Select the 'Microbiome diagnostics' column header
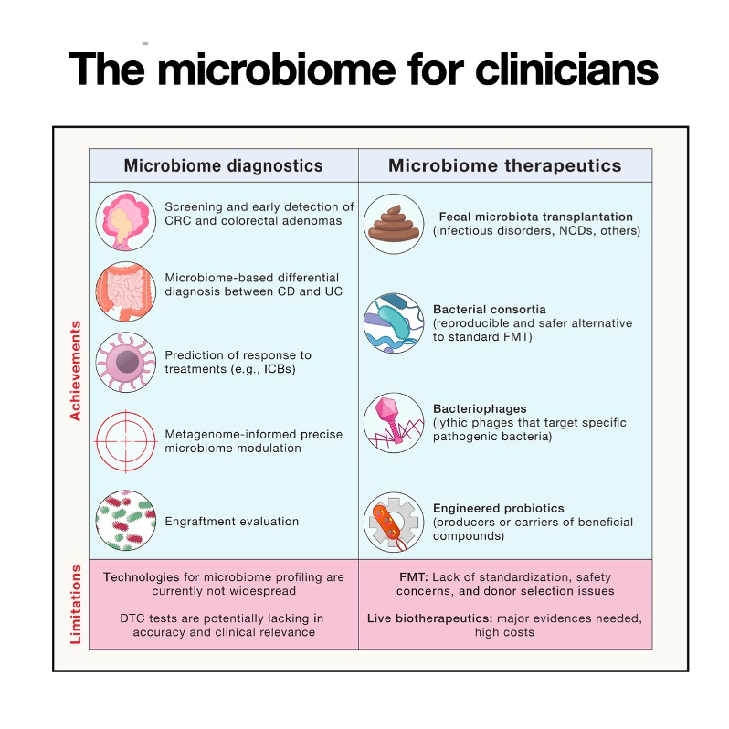223,165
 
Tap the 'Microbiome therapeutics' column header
504,165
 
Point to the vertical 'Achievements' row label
76,370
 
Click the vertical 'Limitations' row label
76,604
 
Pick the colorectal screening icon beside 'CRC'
125,220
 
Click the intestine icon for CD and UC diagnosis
125,291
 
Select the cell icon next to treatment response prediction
125,363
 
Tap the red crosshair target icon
125,441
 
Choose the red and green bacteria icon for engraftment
125,521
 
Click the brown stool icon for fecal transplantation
394,225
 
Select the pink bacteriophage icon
394,422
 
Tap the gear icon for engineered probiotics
394,523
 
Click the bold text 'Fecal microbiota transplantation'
535,217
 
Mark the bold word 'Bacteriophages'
480,408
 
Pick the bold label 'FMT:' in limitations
414,577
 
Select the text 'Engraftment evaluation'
232,522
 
